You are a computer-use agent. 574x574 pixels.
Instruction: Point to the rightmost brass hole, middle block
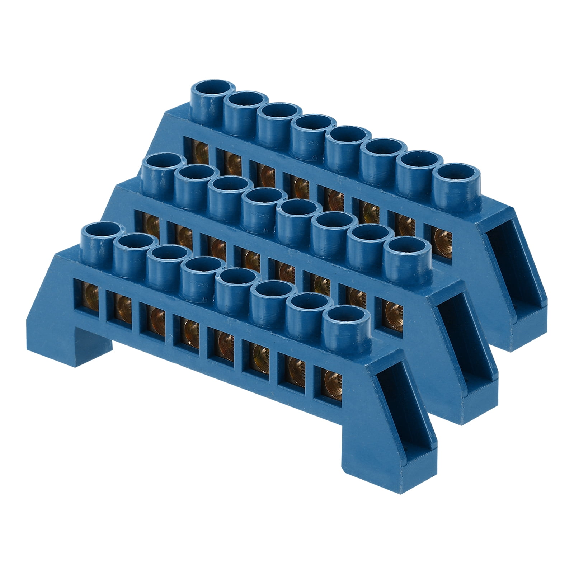[389, 309]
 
